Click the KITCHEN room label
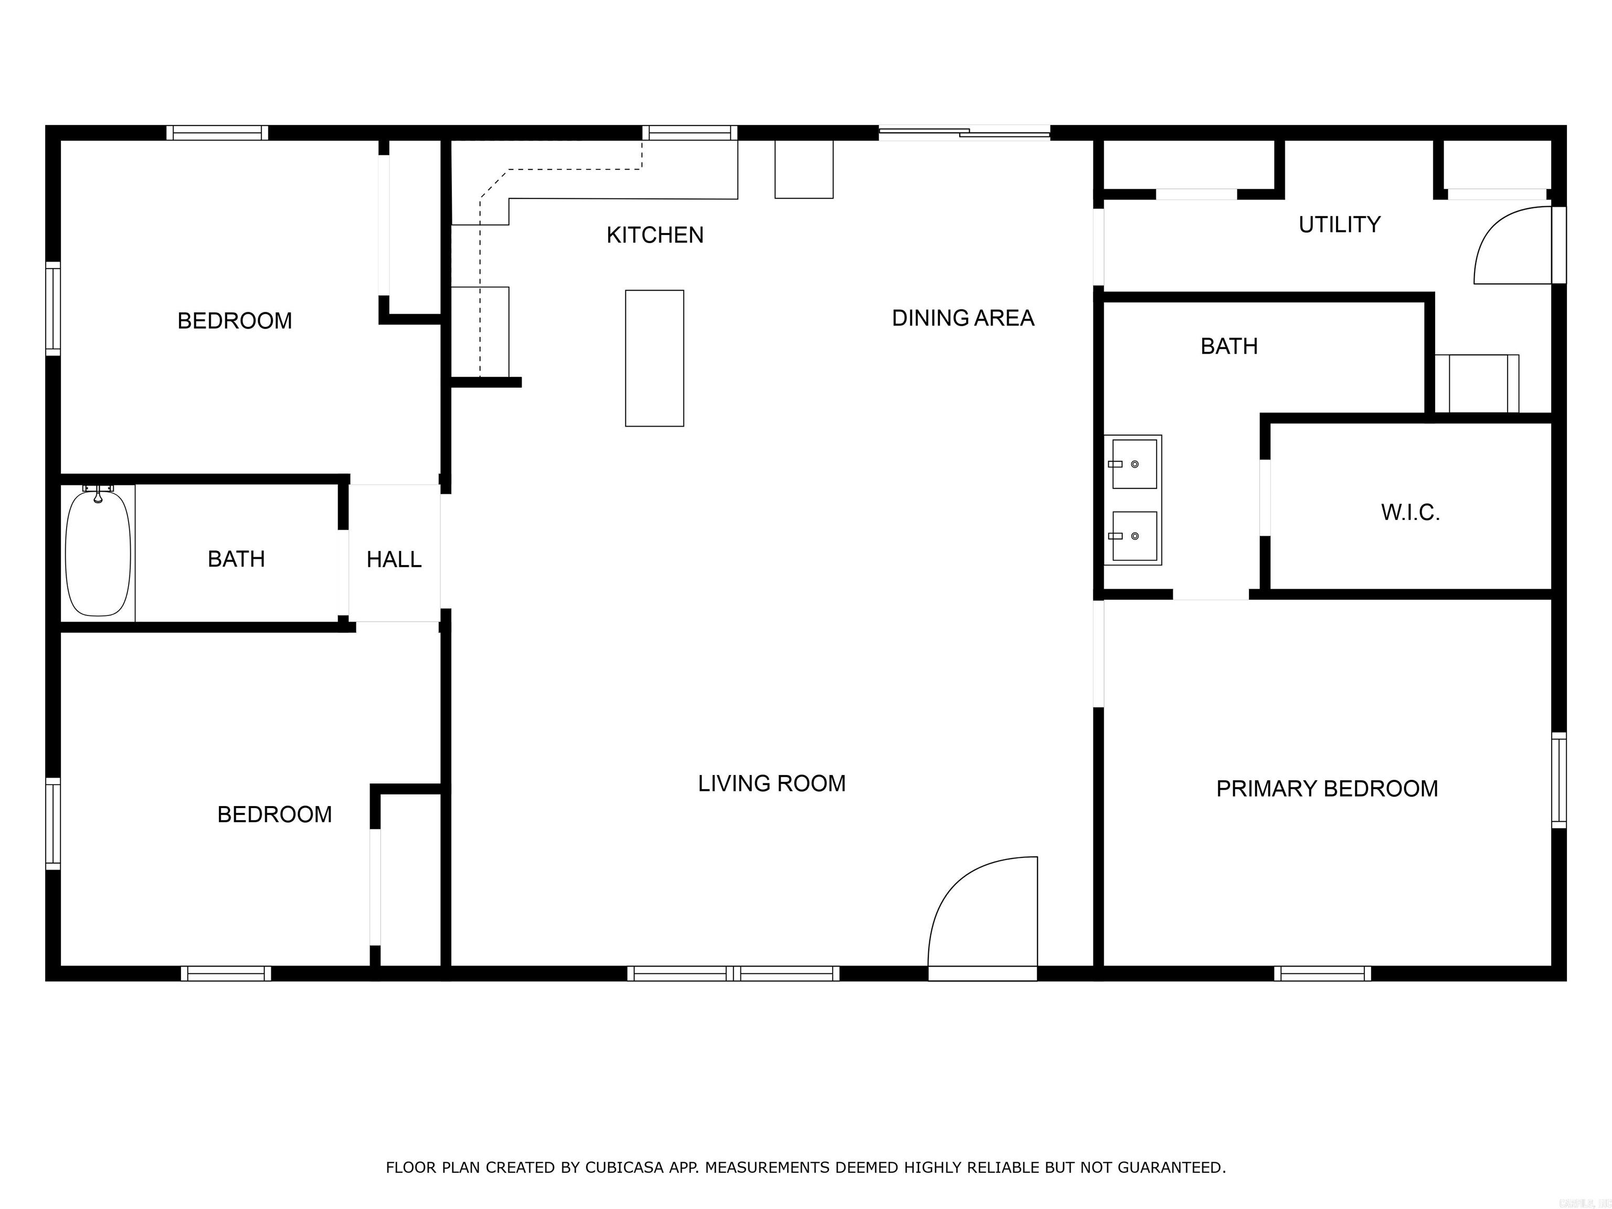654,236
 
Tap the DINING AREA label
963,319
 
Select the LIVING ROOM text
772,783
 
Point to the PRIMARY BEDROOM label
1327,789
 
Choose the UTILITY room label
1339,225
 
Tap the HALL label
394,560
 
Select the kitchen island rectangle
654,358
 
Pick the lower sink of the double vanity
1134,536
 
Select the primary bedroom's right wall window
1557,780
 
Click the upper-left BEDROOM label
235,321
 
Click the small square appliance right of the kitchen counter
803,168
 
